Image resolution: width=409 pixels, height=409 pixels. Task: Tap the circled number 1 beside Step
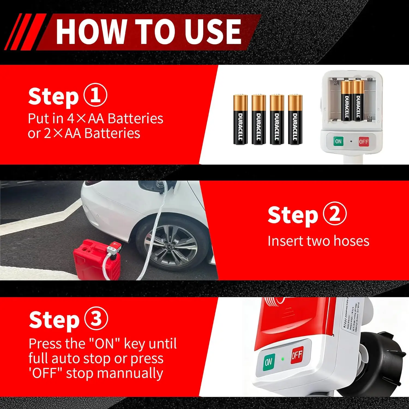point(95,95)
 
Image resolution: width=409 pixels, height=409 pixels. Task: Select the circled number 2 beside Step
point(335,213)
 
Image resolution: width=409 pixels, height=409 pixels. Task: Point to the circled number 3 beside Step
point(96,318)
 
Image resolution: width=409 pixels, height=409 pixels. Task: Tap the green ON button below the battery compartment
point(338,141)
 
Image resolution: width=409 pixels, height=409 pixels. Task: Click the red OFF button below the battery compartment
point(363,142)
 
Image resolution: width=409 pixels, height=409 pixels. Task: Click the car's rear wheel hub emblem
point(167,246)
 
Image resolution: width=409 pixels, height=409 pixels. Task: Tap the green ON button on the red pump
point(269,362)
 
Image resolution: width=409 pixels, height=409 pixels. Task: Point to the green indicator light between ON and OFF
point(283,359)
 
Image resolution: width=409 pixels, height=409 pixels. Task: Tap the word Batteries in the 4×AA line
point(136,118)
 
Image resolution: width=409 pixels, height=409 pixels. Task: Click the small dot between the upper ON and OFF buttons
point(351,142)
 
